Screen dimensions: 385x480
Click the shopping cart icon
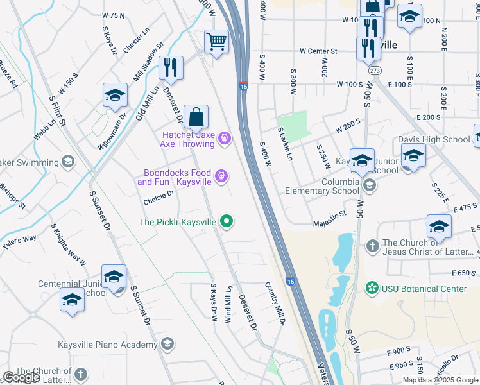pos(217,42)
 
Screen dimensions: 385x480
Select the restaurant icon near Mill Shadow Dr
pos(171,67)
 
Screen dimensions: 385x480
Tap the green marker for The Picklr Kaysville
pos(226,222)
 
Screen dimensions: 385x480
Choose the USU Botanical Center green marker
pos(370,289)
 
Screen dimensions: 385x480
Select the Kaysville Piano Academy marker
pos(167,344)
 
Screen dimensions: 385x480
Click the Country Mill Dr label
pos(275,299)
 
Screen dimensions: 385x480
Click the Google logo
pos(22,377)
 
